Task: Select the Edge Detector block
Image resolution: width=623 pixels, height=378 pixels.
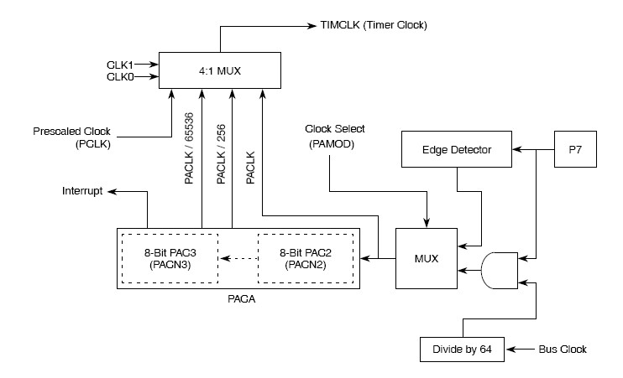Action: pos(455,150)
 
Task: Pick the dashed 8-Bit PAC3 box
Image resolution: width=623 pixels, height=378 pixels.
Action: pos(170,258)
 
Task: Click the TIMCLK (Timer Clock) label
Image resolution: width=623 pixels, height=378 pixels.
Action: pos(374,25)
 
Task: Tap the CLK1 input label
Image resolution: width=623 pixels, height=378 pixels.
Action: pos(120,64)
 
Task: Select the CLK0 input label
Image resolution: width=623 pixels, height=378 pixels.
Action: pos(120,77)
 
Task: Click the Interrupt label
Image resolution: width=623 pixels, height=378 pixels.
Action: pos(82,191)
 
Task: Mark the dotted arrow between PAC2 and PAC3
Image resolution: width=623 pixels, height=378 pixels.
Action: pos(238,258)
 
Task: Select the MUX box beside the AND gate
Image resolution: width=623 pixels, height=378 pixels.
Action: pos(427,259)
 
